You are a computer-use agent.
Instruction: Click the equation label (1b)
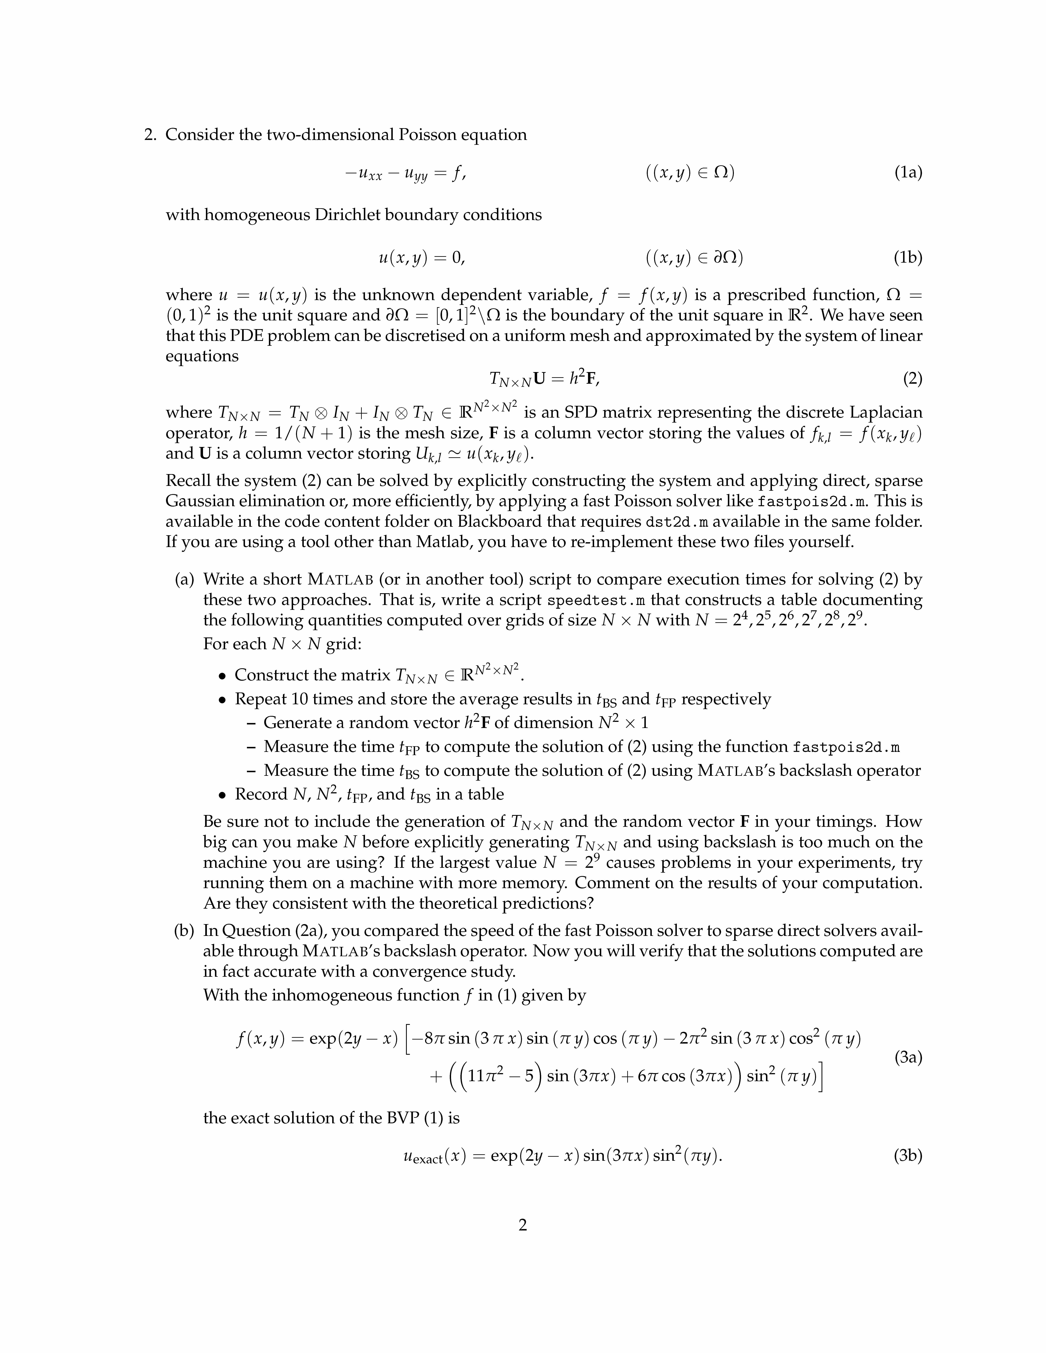908,258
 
